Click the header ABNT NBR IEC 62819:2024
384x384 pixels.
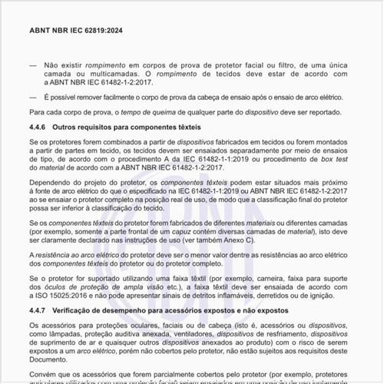coord(75,30)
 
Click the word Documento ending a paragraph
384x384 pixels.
coord(52,359)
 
